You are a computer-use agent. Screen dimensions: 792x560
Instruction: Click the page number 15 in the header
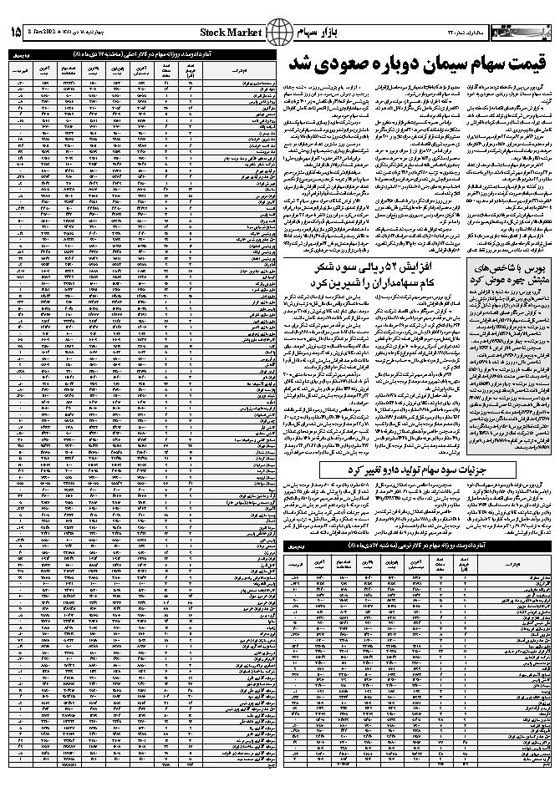tap(14, 33)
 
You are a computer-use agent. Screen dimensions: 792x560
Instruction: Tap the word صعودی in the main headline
tap(334, 65)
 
